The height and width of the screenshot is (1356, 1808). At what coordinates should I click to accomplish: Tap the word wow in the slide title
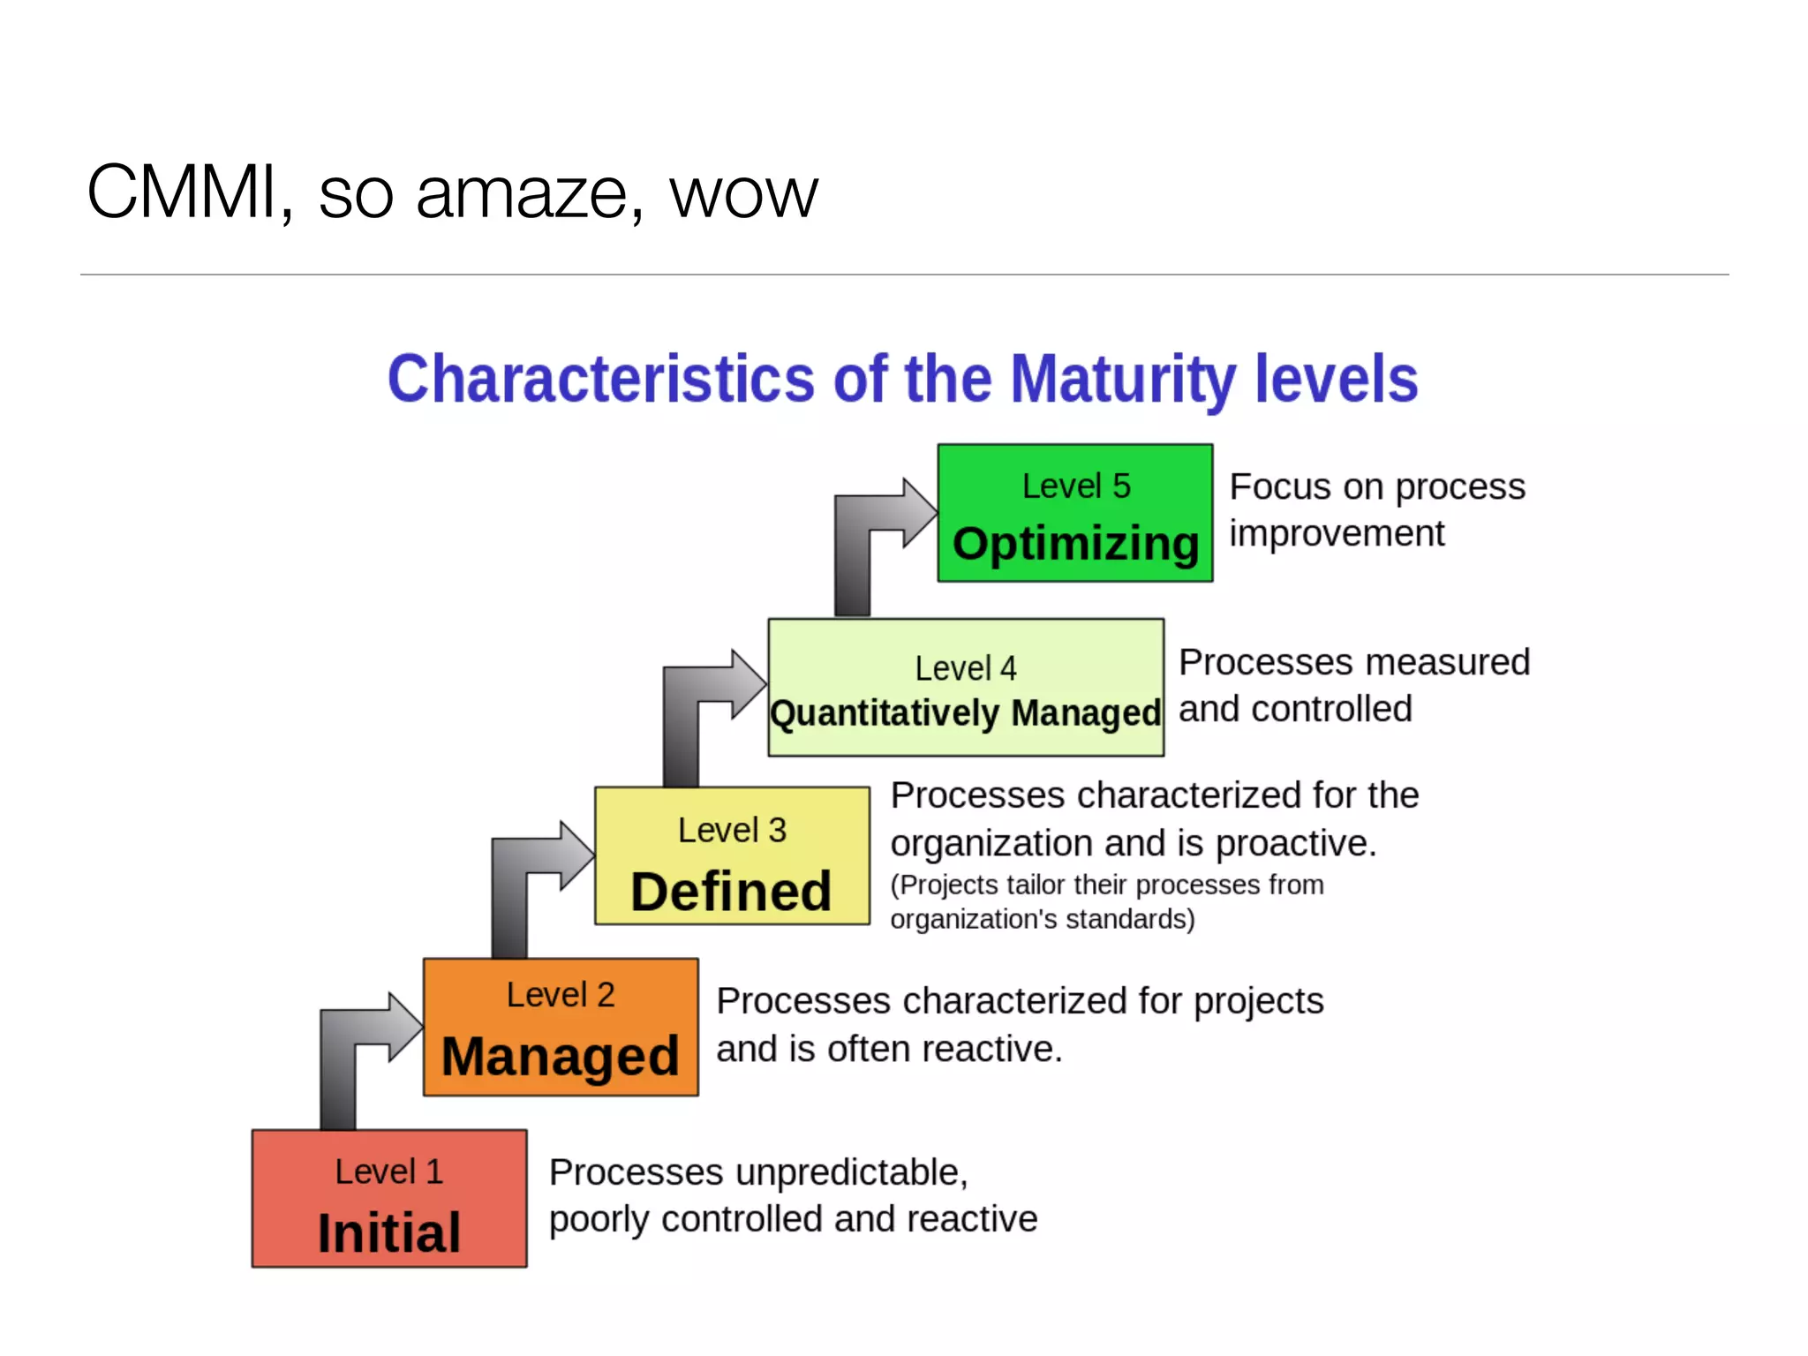743,194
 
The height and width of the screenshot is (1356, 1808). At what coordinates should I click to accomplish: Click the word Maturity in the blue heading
1122,380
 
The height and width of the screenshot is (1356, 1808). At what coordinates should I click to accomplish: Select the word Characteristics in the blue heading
600,380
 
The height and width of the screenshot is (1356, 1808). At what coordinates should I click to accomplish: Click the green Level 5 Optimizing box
1074,513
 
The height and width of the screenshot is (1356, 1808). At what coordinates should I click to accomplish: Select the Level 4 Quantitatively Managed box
965,687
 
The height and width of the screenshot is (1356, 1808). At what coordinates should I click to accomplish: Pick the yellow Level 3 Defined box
731,855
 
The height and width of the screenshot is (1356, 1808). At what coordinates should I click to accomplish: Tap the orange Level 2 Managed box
561,1027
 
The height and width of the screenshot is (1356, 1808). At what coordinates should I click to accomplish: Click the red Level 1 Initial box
388,1198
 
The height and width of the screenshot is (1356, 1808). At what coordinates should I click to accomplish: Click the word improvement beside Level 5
1337,534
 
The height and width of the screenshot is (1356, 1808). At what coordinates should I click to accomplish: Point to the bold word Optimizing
1075,544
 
